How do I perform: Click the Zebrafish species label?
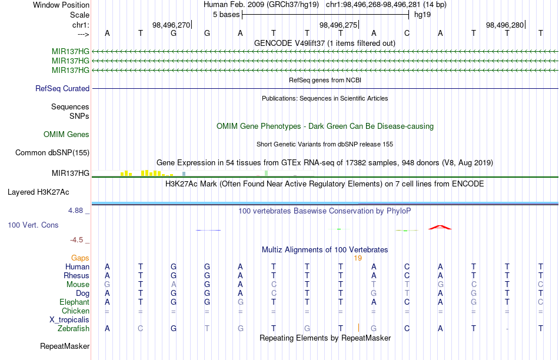(x=74, y=328)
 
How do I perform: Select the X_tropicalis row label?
(x=69, y=320)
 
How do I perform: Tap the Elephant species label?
(x=74, y=302)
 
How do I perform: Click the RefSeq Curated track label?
(x=62, y=88)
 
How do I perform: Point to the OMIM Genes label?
(x=66, y=134)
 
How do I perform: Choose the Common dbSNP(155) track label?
(x=52, y=152)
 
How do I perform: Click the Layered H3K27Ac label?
(x=38, y=192)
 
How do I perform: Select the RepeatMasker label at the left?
(x=65, y=346)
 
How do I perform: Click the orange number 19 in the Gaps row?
(x=358, y=258)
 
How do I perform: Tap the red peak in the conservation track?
(x=440, y=227)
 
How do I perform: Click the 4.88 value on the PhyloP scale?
(x=75, y=211)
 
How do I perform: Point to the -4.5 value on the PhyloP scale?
(x=76, y=240)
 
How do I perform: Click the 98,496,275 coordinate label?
(x=338, y=25)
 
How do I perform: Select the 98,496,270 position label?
(x=171, y=25)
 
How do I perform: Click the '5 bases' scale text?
(x=227, y=15)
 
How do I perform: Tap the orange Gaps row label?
(x=80, y=258)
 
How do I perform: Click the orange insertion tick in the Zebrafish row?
(x=358, y=328)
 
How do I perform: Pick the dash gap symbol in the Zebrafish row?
(x=507, y=329)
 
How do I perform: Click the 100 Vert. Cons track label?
(x=33, y=225)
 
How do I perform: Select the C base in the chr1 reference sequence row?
(x=407, y=33)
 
